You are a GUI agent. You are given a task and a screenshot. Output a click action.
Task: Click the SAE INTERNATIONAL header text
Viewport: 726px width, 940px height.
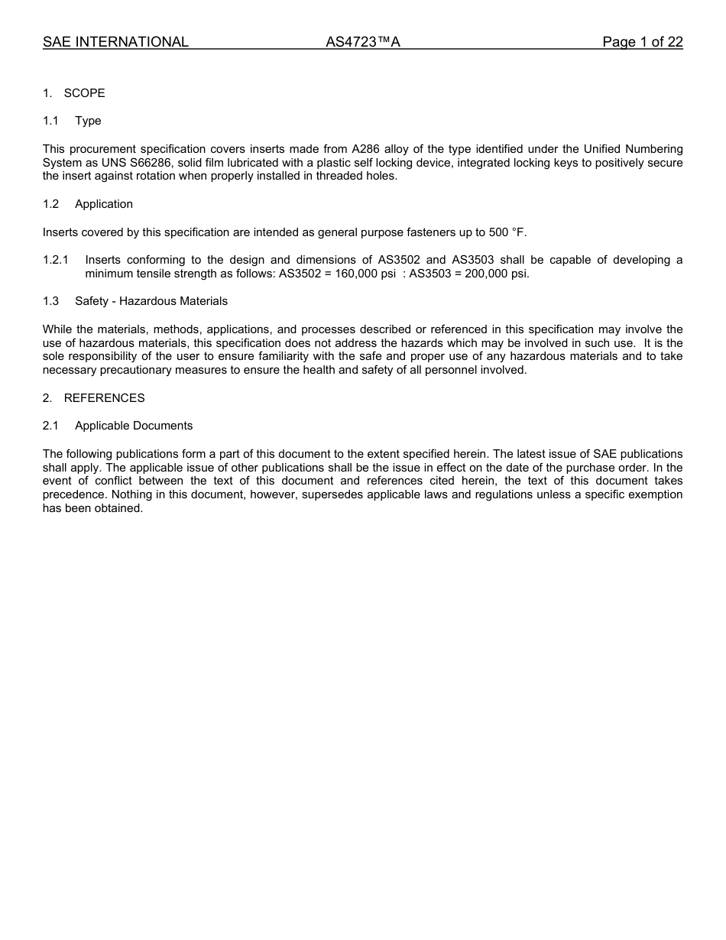115,42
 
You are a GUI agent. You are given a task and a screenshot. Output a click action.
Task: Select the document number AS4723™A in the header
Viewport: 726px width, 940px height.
363,42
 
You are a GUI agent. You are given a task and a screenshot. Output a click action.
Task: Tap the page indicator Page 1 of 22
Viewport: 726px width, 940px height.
642,42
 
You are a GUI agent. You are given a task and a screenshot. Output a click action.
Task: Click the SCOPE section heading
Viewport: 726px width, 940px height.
84,93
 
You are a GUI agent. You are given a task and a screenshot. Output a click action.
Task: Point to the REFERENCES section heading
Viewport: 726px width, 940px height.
104,398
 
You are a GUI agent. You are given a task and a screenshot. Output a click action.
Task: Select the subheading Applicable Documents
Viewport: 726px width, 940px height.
134,426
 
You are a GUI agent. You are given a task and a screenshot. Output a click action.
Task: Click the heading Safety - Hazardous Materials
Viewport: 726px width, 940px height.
151,301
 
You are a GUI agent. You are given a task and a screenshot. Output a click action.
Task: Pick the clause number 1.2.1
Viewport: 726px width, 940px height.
56,260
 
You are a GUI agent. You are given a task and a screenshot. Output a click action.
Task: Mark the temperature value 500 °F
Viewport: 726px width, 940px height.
507,232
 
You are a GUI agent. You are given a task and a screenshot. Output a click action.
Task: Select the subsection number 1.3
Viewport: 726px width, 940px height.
50,301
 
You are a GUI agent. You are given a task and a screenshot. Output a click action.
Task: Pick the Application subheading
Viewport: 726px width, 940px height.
104,204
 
